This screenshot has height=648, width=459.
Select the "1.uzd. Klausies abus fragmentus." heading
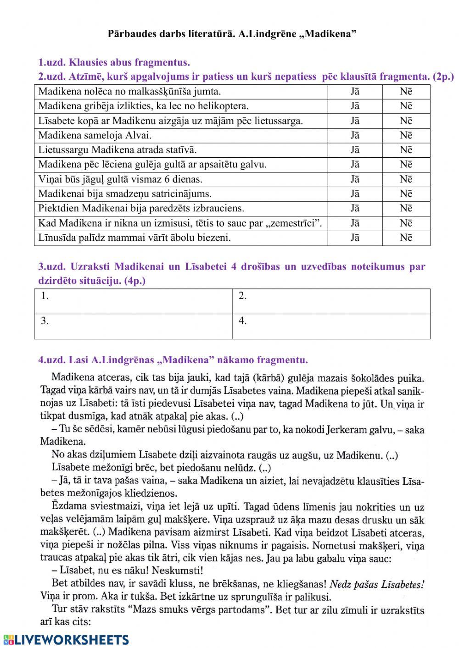114,62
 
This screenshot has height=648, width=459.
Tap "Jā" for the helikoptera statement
355,106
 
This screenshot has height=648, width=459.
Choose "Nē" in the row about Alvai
406,135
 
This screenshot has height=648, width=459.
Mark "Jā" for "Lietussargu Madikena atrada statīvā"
355,150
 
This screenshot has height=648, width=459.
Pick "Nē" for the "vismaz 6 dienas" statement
406,179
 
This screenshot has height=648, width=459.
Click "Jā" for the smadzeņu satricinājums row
355,194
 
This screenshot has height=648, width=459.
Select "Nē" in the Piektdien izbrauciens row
406,209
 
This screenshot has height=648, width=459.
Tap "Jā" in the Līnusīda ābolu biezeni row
355,238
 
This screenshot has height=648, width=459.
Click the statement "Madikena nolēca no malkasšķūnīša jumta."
129,91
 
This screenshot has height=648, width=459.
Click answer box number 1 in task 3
133,301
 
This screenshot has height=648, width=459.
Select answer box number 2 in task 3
330,301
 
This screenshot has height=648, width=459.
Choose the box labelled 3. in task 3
133,326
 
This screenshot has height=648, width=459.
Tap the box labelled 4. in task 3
330,326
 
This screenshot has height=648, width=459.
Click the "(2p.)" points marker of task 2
443,77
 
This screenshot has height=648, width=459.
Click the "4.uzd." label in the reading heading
52,360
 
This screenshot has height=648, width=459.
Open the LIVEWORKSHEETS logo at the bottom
66,640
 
